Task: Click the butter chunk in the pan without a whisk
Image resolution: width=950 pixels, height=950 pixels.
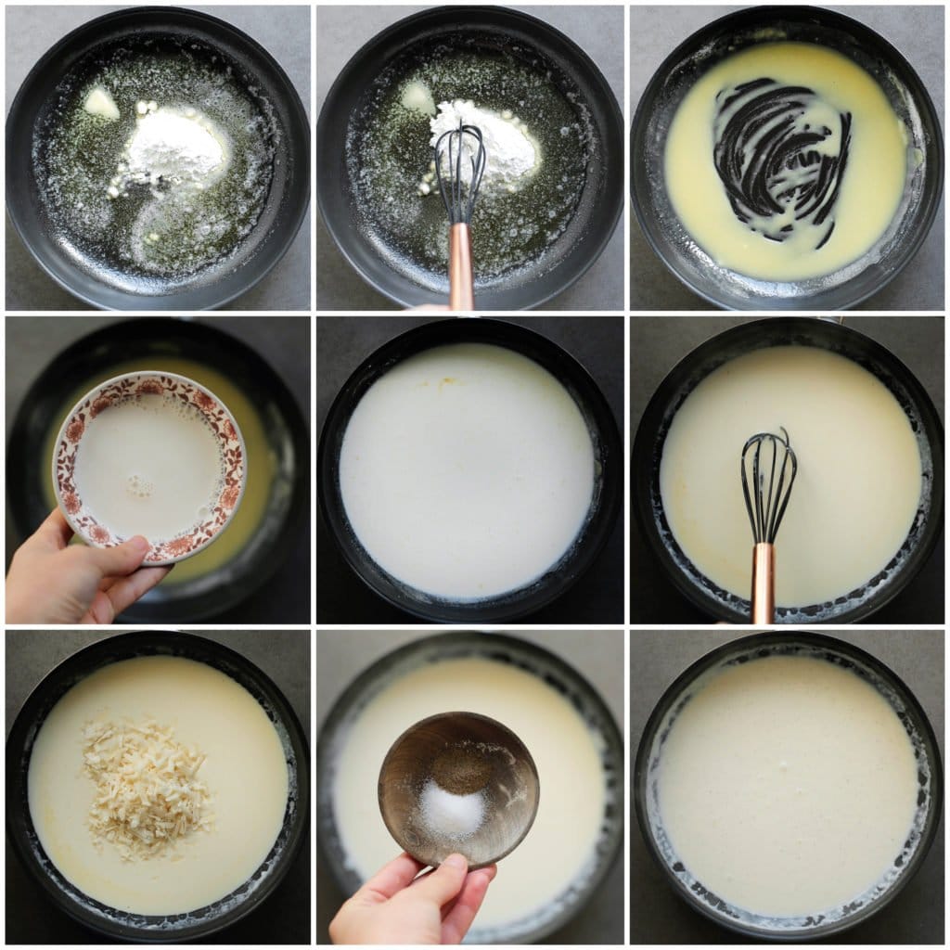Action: pyautogui.click(x=101, y=102)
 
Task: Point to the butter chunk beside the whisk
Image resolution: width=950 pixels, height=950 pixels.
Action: pyautogui.click(x=417, y=96)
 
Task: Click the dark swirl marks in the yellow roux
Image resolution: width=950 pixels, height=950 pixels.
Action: pyautogui.click(x=779, y=158)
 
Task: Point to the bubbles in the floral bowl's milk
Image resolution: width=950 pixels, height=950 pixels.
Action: pyautogui.click(x=139, y=484)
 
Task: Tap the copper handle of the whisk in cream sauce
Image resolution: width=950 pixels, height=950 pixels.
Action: pyautogui.click(x=763, y=584)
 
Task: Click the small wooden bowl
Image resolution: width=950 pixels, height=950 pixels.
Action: pyautogui.click(x=458, y=789)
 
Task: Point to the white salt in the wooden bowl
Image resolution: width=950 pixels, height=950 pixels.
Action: pyautogui.click(x=452, y=813)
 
